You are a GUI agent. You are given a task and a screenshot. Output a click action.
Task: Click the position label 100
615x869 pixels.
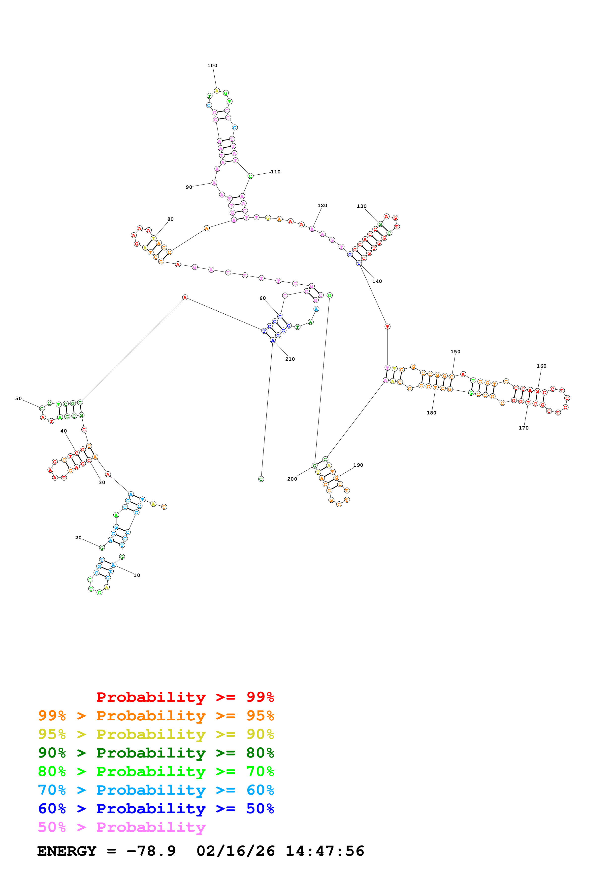[212, 65]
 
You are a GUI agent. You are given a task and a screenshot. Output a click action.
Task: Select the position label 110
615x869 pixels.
[275, 172]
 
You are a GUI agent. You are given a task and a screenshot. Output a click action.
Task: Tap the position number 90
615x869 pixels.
[189, 187]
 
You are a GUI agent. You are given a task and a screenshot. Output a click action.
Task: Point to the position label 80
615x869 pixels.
[170, 219]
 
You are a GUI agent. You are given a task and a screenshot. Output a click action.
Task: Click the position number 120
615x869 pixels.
[322, 206]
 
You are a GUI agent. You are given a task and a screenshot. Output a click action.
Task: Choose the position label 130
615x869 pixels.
[361, 206]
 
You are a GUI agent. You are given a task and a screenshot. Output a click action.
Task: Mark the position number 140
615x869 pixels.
[377, 281]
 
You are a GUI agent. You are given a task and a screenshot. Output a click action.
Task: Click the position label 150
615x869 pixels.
[455, 352]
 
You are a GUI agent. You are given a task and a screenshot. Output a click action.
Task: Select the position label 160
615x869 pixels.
[542, 366]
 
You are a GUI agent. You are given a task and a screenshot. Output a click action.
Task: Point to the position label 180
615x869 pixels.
[431, 413]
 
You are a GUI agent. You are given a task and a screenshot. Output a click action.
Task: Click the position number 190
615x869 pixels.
[358, 465]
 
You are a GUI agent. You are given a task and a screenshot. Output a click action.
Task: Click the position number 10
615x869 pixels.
[137, 575]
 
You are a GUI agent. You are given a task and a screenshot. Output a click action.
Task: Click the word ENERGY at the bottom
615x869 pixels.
[67, 851]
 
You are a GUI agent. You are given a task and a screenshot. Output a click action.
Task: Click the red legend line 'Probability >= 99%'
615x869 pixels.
[185, 697]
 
